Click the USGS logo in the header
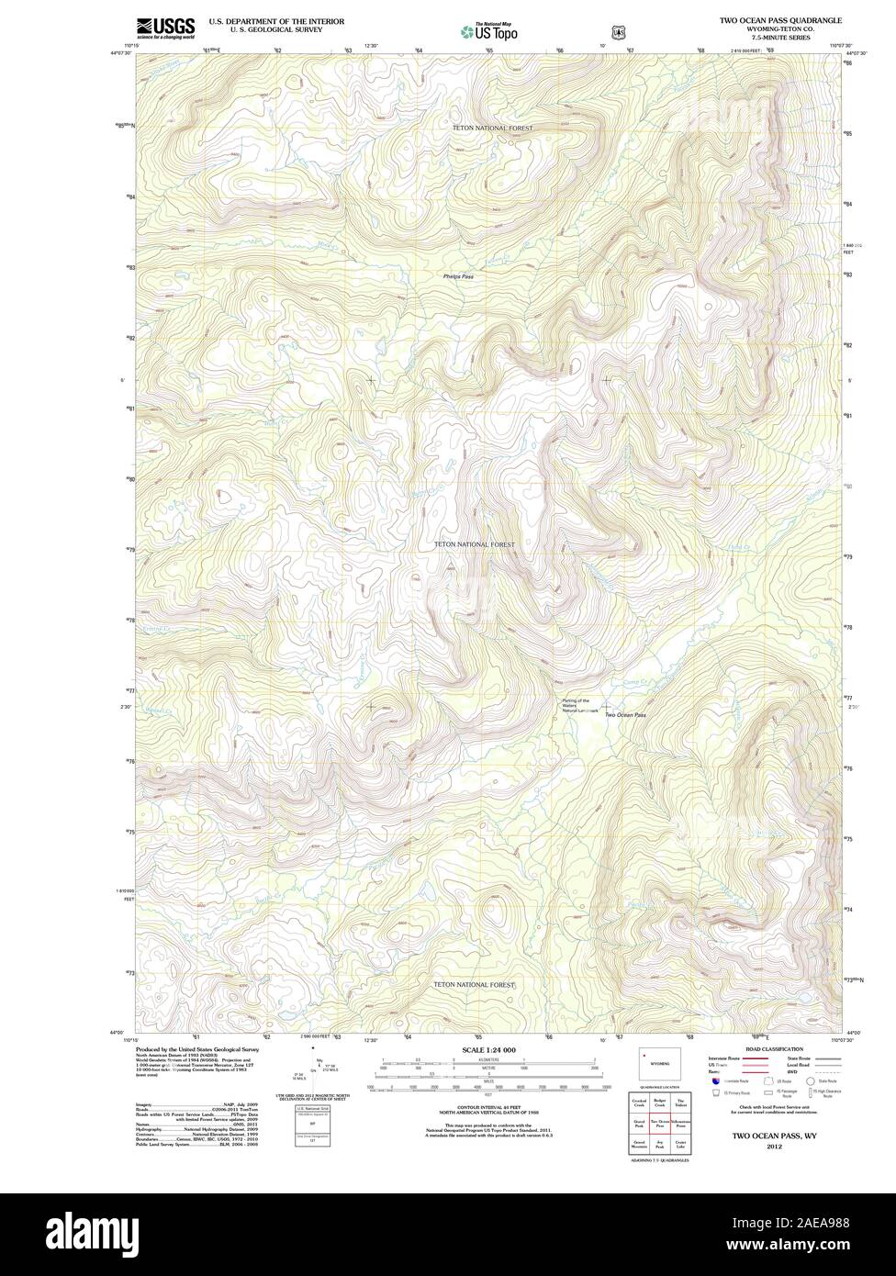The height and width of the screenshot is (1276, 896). click(165, 28)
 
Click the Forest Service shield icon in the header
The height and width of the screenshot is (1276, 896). click(619, 30)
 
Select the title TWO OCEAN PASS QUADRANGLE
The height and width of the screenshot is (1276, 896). click(780, 19)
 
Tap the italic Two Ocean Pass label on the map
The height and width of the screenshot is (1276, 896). click(625, 715)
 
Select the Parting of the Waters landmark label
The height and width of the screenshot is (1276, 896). click(580, 706)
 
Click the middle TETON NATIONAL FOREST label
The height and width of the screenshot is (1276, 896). click(474, 544)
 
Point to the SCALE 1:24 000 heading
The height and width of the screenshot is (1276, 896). click(489, 1049)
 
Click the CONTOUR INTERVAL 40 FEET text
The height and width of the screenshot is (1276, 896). click(488, 1106)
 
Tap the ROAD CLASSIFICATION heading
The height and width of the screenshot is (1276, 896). click(774, 1048)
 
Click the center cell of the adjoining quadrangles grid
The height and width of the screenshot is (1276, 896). click(659, 1123)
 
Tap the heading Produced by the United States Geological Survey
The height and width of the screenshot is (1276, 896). click(196, 1048)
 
